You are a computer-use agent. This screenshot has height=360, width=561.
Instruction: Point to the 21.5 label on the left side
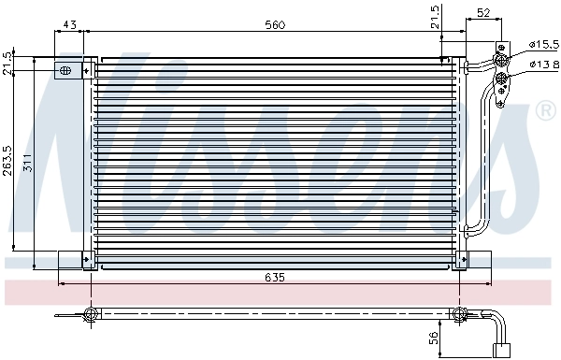pyautogui.click(x=8, y=63)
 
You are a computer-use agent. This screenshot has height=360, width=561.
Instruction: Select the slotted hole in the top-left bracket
pyautogui.click(x=66, y=70)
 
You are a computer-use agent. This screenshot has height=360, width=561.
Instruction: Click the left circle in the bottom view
pyautogui.click(x=91, y=313)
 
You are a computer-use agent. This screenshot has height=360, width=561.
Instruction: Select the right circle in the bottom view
pyautogui.click(x=458, y=313)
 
